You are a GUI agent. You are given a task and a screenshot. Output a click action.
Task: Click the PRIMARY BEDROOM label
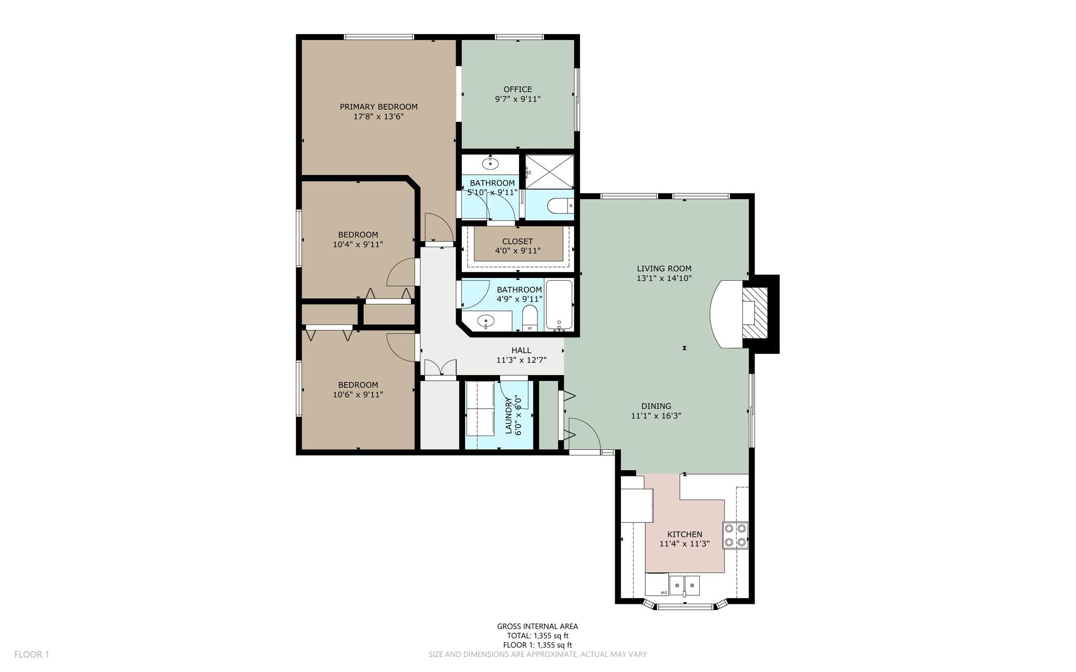pyautogui.click(x=378, y=107)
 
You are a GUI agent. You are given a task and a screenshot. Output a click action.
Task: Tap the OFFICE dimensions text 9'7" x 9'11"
pyautogui.click(x=518, y=99)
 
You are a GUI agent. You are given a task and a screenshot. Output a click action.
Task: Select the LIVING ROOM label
pyautogui.click(x=664, y=268)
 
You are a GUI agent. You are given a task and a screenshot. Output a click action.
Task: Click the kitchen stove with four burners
pyautogui.click(x=736, y=535)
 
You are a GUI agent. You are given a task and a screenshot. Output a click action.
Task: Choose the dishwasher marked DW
pyautogui.click(x=657, y=585)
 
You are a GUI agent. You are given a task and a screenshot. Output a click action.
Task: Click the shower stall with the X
pyautogui.click(x=550, y=172)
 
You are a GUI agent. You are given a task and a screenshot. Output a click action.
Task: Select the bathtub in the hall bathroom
pyautogui.click(x=560, y=305)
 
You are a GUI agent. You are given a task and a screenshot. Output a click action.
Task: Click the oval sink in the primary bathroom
pyautogui.click(x=491, y=163)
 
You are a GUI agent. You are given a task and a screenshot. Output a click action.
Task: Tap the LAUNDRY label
pyautogui.click(x=509, y=416)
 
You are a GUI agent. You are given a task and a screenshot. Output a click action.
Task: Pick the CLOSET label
pyautogui.click(x=518, y=242)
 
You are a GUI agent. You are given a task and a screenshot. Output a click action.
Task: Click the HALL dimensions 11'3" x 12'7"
pyautogui.click(x=521, y=360)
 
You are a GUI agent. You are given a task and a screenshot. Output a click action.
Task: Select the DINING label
pyautogui.click(x=656, y=406)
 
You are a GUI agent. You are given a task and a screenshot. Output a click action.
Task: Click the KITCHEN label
pyautogui.click(x=685, y=534)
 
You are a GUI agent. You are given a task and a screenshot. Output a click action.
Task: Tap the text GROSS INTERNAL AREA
pyautogui.click(x=537, y=626)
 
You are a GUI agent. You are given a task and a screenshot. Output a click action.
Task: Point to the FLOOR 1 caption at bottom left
pyautogui.click(x=32, y=655)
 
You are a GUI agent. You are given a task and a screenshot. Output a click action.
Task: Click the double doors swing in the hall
pyautogui.click(x=440, y=368)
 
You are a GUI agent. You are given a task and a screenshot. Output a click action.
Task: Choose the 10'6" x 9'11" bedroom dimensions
pyautogui.click(x=358, y=395)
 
